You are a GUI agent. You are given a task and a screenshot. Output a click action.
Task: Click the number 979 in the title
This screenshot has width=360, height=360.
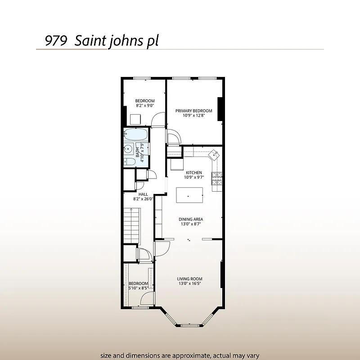coord(56,40)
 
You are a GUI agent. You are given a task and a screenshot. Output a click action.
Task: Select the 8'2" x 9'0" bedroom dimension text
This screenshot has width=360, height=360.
coord(145,106)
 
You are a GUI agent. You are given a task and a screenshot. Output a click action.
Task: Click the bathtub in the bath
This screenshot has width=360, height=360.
coord(136,135)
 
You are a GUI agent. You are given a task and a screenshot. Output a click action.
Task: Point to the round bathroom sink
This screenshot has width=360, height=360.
coord(129,149)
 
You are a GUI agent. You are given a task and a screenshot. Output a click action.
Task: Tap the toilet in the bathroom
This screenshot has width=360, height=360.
coord(130,162)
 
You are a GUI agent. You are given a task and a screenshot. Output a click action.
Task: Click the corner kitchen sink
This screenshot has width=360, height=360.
coord(215,154)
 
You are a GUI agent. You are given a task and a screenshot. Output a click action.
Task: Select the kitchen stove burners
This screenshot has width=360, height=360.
coord(217,179)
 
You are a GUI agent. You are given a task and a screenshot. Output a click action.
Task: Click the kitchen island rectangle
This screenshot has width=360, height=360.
coord(189,194)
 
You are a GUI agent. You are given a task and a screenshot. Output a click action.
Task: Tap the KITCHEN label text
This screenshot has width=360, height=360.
coord(193,172)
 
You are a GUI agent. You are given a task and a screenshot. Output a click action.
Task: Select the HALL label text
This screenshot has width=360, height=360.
coord(143,194)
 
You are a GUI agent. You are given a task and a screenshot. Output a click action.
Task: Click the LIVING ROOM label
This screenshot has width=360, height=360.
coord(189,279)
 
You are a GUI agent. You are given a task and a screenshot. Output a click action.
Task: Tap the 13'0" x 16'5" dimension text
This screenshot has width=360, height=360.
coord(189,284)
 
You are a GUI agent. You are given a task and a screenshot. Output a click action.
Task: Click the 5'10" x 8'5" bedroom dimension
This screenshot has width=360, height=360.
coord(138,288)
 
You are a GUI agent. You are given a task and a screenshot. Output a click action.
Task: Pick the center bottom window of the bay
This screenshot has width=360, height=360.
coord(189,324)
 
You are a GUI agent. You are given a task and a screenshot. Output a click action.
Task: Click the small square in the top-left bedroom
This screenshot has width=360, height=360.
coord(135,120)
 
